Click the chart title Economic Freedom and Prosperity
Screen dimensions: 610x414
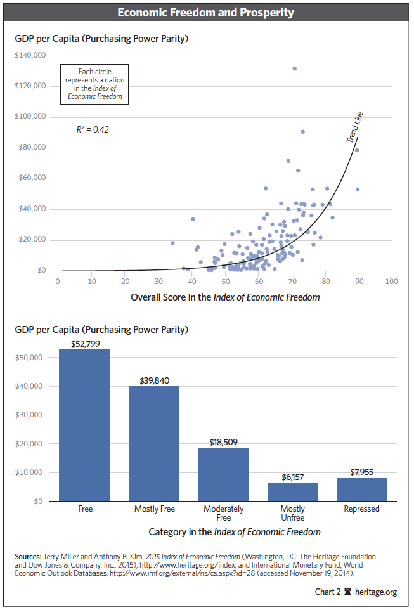[x=207, y=13]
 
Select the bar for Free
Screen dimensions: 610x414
[x=84, y=425]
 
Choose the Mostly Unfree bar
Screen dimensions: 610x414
[x=292, y=491]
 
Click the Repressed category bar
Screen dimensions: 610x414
[x=361, y=489]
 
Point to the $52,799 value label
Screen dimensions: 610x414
[x=84, y=343]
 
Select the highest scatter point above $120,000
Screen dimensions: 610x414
[x=294, y=68]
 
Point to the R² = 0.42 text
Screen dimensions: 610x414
[x=93, y=129]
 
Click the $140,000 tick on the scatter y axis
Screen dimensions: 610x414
[x=30, y=55]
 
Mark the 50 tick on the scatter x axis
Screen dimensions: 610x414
[x=224, y=281]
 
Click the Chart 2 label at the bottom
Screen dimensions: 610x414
[x=328, y=592]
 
